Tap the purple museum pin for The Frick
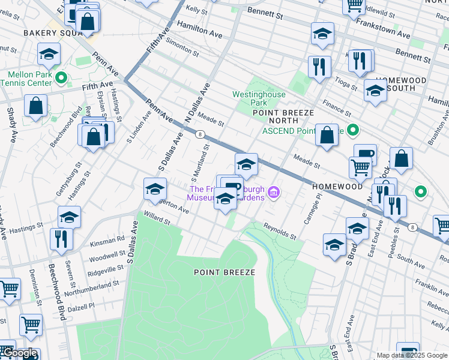pos(274,192)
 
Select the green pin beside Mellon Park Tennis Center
pos(61,77)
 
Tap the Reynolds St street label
pos(280,230)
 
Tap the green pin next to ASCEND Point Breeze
pos(354,130)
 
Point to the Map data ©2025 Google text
pos(412,355)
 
